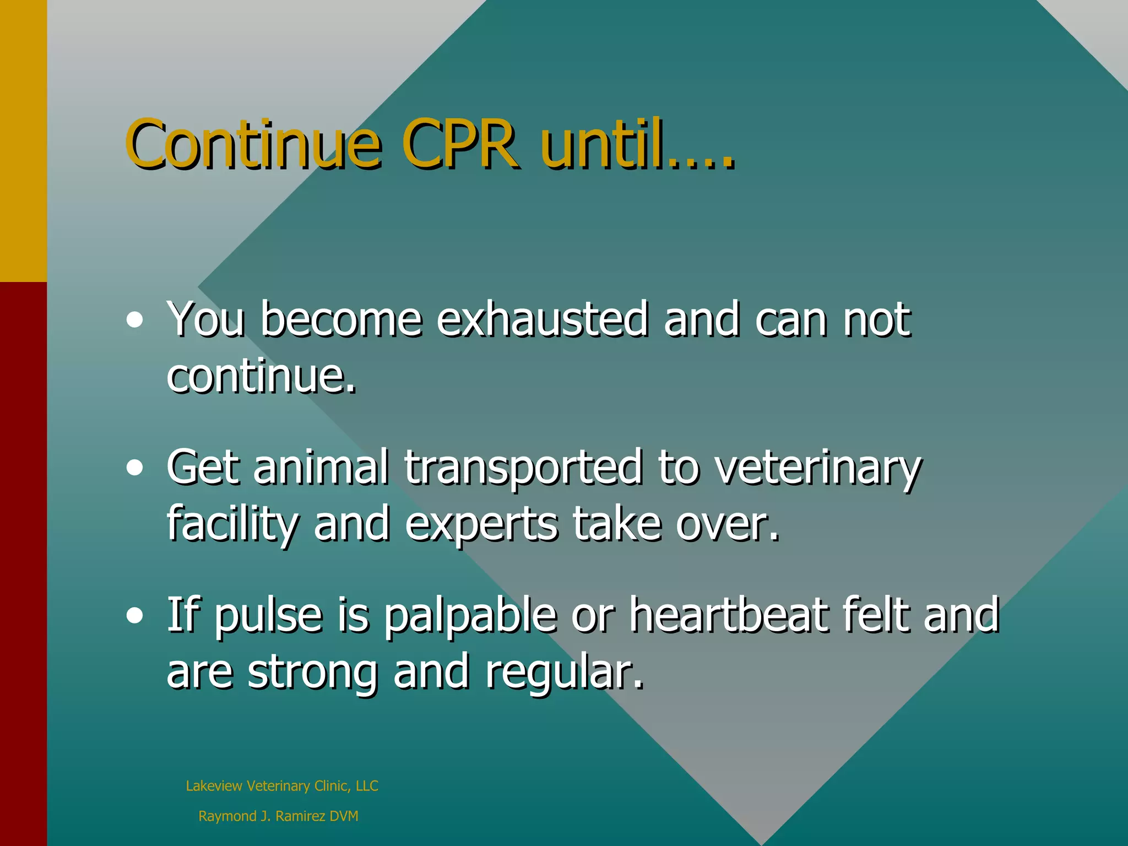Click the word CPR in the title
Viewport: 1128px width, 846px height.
460,144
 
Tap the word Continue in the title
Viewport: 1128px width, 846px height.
253,144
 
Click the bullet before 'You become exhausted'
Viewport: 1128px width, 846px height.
134,320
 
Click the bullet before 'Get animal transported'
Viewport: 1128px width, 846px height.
134,468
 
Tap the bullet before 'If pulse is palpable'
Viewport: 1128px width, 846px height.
134,616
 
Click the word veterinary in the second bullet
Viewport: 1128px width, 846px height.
817,468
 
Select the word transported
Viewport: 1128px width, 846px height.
523,468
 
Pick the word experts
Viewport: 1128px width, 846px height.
481,524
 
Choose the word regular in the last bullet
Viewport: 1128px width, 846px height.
564,673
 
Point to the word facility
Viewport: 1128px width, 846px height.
232,524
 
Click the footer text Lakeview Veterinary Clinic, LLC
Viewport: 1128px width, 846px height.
282,786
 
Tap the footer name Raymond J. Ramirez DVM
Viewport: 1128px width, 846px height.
278,816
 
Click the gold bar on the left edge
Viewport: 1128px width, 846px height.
23,140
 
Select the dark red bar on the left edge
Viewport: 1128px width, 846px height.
23,562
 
